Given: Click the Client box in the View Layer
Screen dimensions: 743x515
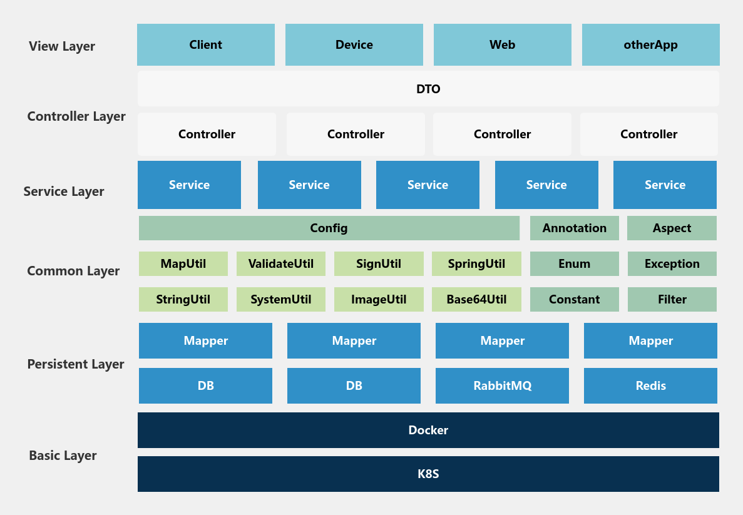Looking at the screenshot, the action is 206,44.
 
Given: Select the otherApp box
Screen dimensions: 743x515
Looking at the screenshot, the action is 650,44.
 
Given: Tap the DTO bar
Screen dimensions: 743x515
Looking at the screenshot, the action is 428,89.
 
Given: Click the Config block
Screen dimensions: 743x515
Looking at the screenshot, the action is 329,228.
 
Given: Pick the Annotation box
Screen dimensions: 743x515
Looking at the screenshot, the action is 575,228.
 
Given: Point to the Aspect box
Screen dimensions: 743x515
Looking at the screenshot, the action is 672,228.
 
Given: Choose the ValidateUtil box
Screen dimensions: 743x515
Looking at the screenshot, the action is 281,263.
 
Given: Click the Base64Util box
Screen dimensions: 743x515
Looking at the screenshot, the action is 476,300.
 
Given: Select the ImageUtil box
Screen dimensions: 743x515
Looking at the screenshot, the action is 379,300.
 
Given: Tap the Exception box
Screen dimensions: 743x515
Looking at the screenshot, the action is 672,263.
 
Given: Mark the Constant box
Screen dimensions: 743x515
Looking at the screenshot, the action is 575,300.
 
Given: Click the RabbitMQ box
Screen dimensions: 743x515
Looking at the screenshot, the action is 502,385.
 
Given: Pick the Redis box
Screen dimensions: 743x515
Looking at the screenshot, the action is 650,385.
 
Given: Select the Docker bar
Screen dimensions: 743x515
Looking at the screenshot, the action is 428,430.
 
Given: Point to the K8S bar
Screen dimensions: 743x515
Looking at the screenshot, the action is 428,474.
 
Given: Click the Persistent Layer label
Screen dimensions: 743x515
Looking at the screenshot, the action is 76,364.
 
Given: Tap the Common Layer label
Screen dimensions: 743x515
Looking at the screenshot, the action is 73,271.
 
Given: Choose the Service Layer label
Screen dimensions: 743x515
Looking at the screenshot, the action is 64,191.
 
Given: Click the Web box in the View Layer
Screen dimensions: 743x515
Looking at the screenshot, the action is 502,44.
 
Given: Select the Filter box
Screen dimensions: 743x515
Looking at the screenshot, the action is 672,300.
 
